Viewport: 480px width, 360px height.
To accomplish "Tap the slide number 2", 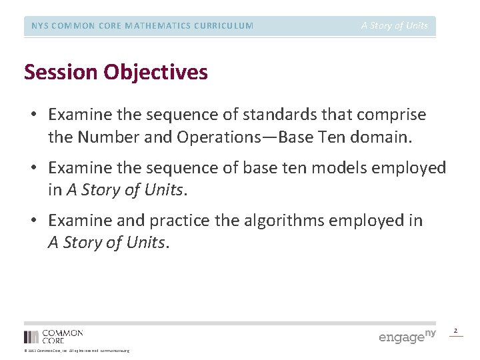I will click(456, 331).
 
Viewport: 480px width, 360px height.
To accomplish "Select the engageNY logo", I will click(407, 336).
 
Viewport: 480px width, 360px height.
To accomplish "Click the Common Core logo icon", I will click(31, 337).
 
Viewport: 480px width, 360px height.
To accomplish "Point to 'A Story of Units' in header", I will click(395, 26).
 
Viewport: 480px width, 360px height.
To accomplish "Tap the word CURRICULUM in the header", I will click(222, 26).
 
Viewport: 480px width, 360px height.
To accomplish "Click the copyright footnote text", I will click(77, 351).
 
